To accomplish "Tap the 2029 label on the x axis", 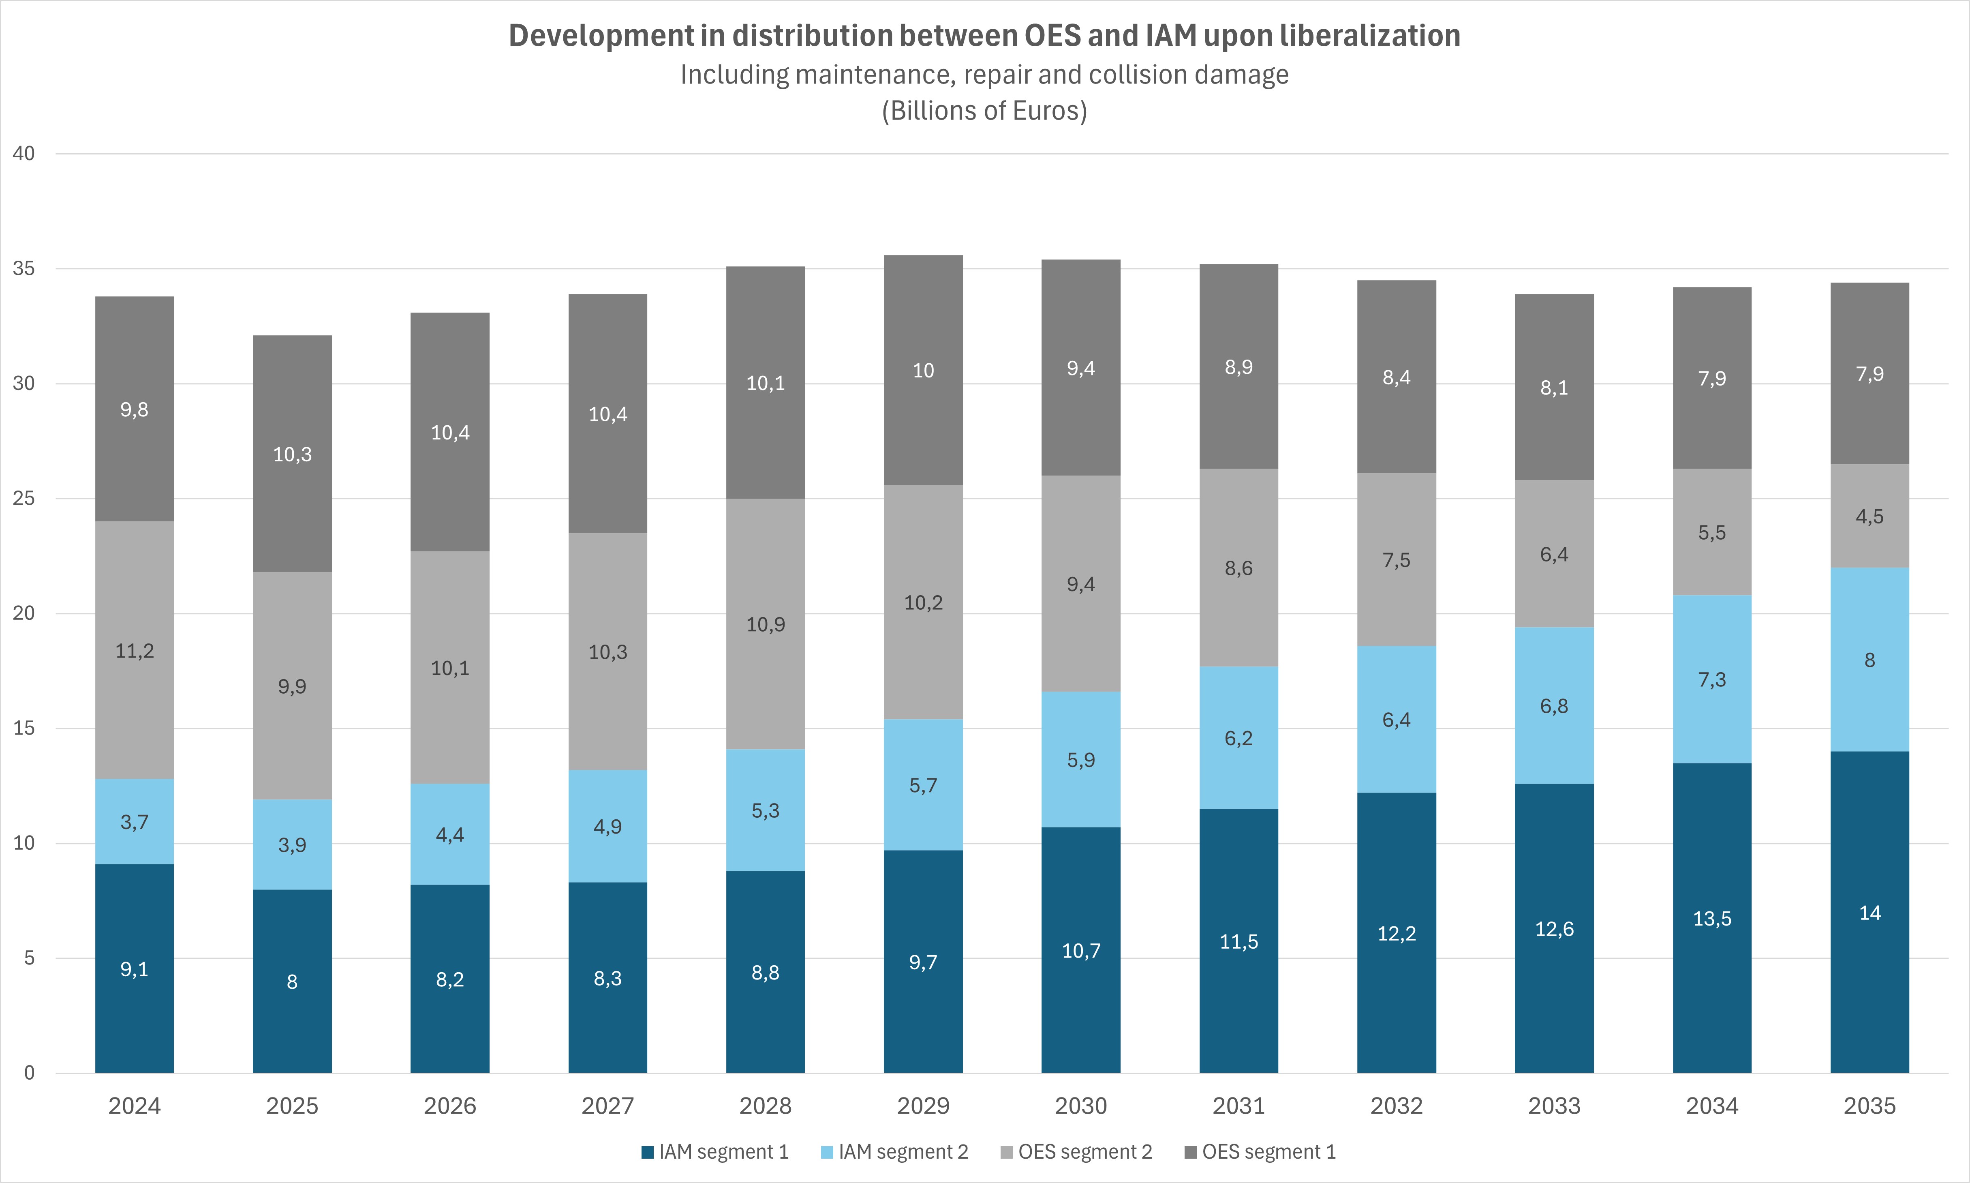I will (923, 1106).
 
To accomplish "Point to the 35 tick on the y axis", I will (24, 269).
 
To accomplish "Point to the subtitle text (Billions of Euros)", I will (984, 111).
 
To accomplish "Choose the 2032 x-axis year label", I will (1396, 1106).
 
